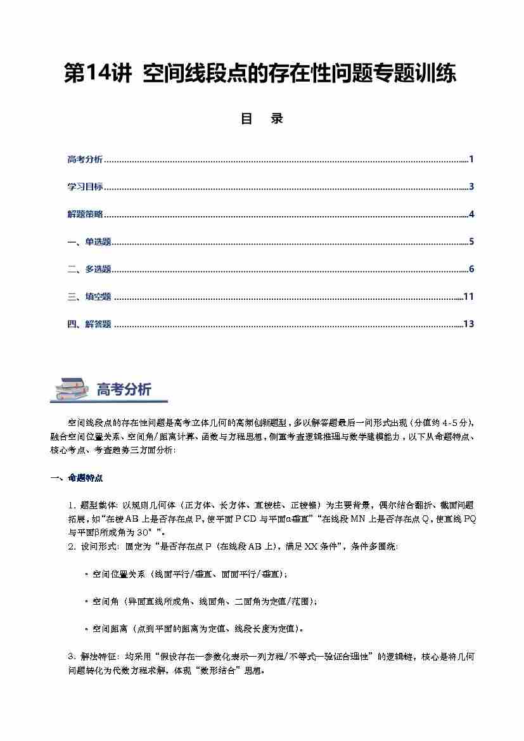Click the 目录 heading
pyautogui.click(x=262, y=119)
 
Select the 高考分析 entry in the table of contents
pyautogui.click(x=85, y=159)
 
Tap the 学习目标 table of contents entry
pyautogui.click(x=85, y=187)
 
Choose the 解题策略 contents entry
pyautogui.click(x=85, y=214)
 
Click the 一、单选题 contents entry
pyautogui.click(x=89, y=242)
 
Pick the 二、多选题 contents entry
pyautogui.click(x=89, y=269)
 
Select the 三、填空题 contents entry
pyautogui.click(x=89, y=297)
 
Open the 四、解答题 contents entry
pyautogui.click(x=89, y=324)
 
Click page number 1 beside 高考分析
pyautogui.click(x=471, y=159)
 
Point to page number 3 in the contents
pyautogui.click(x=471, y=187)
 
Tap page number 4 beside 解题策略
pyautogui.click(x=471, y=214)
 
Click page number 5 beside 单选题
pyautogui.click(x=471, y=242)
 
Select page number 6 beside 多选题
pyautogui.click(x=471, y=269)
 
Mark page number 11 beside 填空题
pyautogui.click(x=469, y=297)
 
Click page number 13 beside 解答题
pyautogui.click(x=469, y=324)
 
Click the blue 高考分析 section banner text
pyautogui.click(x=124, y=389)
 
